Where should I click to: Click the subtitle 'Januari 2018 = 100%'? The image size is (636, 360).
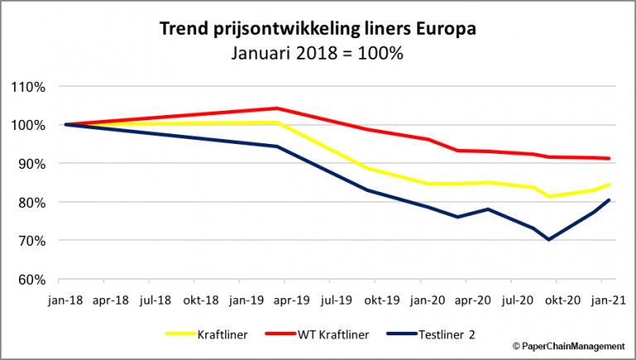318,54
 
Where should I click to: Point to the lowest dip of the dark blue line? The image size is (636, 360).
548,240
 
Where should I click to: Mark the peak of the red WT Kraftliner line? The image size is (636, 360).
277,108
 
